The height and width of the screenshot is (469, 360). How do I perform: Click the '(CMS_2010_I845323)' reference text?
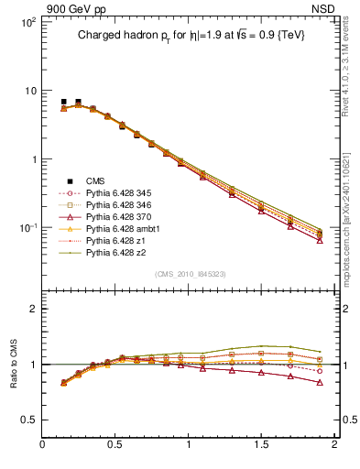point(190,274)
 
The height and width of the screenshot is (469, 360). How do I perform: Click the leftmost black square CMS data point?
point(63,102)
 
